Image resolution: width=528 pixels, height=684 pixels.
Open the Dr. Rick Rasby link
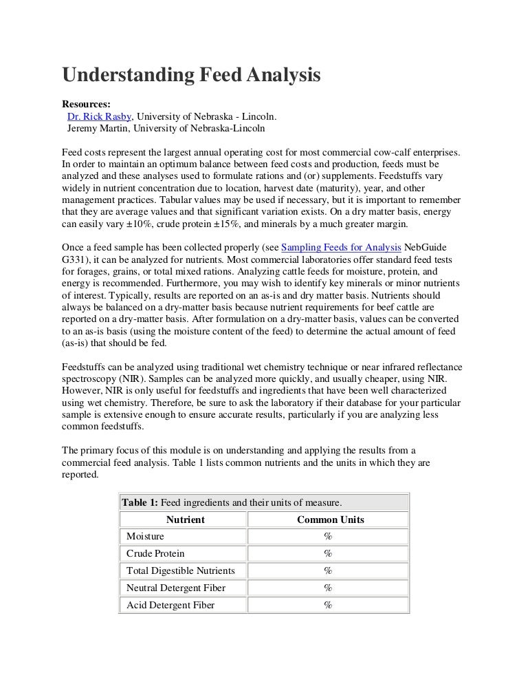click(x=99, y=116)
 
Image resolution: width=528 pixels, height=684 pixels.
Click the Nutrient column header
click(x=185, y=520)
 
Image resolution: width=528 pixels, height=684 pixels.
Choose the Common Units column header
click(x=330, y=520)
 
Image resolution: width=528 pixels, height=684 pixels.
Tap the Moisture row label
click(x=146, y=536)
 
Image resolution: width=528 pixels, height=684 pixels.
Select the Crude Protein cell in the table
click(x=156, y=553)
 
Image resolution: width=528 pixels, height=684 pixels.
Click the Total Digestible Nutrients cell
click(x=181, y=570)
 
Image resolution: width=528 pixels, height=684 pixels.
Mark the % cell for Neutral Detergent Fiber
click(x=328, y=588)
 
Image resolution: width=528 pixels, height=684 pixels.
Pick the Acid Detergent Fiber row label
click(x=170, y=605)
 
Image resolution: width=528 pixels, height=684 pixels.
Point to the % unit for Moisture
click(x=328, y=536)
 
